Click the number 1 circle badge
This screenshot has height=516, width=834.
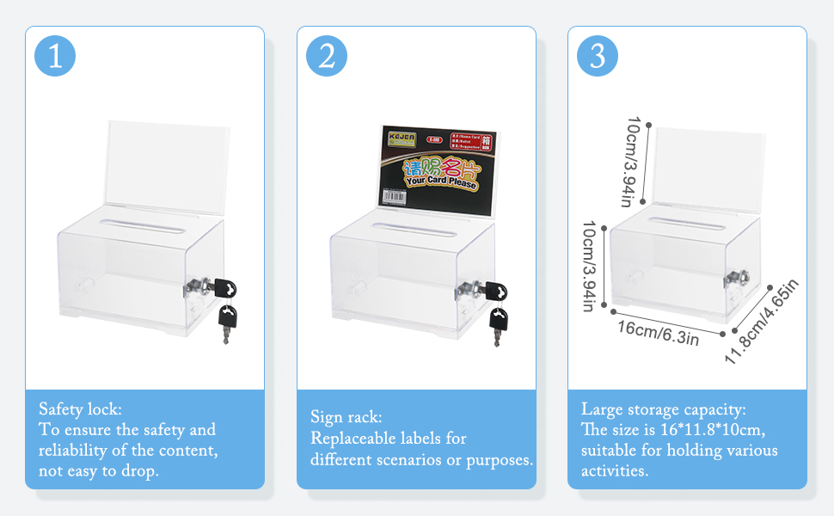coord(55,57)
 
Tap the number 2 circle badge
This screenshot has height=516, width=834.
coord(327,57)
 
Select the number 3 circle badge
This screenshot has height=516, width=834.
coord(598,57)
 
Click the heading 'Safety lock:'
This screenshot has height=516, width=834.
coord(81,409)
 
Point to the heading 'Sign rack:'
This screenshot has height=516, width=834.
coord(346,418)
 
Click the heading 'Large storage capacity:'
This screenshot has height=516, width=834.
coord(664,409)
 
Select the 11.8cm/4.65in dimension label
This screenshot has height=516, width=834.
coord(762,321)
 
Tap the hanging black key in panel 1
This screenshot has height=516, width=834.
coord(227,322)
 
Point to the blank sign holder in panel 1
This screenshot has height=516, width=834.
coord(168,163)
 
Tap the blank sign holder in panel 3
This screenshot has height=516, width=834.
coord(709,163)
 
